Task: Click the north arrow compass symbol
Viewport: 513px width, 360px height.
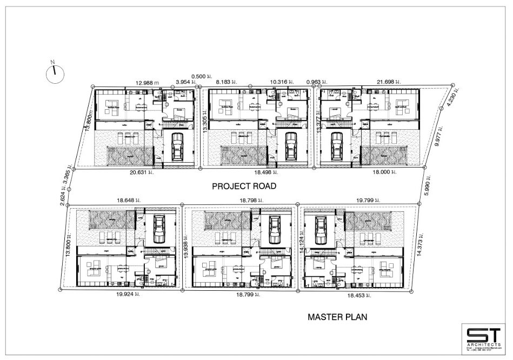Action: [x=55, y=74]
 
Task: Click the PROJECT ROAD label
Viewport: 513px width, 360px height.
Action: [x=244, y=186]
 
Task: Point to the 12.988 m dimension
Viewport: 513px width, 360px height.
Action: [x=149, y=82]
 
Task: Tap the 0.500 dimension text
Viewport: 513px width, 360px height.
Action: [x=199, y=77]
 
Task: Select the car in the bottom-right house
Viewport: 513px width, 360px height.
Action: [x=323, y=228]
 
